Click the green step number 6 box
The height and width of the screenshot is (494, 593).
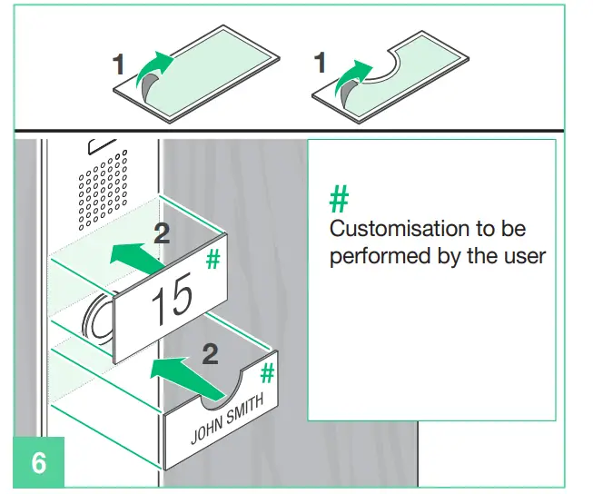38,462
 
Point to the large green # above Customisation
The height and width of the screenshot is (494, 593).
339,198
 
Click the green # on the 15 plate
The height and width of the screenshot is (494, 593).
213,260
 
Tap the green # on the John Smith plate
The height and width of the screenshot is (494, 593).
268,372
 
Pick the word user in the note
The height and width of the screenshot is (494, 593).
524,256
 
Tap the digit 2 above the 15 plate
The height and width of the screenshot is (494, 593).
162,233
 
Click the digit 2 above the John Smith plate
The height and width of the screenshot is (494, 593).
210,352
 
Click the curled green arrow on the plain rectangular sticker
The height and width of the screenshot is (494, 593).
151,74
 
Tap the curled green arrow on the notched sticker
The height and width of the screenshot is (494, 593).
352,78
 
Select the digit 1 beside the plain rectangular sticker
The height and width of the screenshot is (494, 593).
119,64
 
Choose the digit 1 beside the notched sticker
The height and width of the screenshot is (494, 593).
319,64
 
